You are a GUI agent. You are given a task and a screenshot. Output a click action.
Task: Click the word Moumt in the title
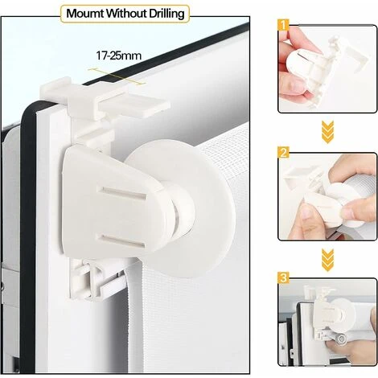(84, 14)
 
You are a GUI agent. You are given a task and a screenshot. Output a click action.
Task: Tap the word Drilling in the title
(167, 14)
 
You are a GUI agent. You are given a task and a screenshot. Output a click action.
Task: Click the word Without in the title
(126, 14)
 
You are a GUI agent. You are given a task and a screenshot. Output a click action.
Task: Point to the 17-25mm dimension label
(118, 55)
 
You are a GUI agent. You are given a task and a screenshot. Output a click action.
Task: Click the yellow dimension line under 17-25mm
(117, 76)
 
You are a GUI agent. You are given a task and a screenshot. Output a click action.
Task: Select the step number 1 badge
(284, 25)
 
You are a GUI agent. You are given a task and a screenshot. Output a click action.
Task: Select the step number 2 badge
(284, 153)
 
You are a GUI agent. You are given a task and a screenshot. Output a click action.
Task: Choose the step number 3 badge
(284, 278)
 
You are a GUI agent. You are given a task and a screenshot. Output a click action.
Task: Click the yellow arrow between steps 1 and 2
(327, 132)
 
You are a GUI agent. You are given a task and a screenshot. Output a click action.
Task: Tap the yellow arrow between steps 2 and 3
(327, 260)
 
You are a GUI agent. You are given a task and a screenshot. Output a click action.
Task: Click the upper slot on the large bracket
(122, 194)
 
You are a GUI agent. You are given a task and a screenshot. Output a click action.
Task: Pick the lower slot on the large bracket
(121, 240)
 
